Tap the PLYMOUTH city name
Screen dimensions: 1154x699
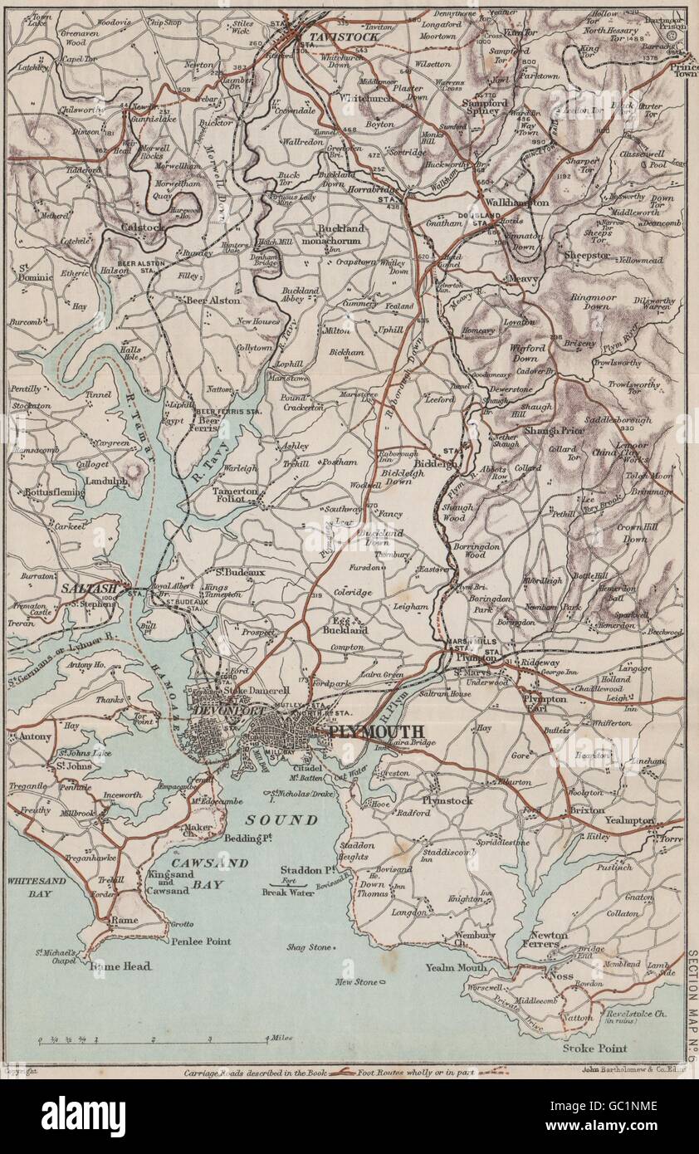coord(376,731)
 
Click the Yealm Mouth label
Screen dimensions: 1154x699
coord(457,967)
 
